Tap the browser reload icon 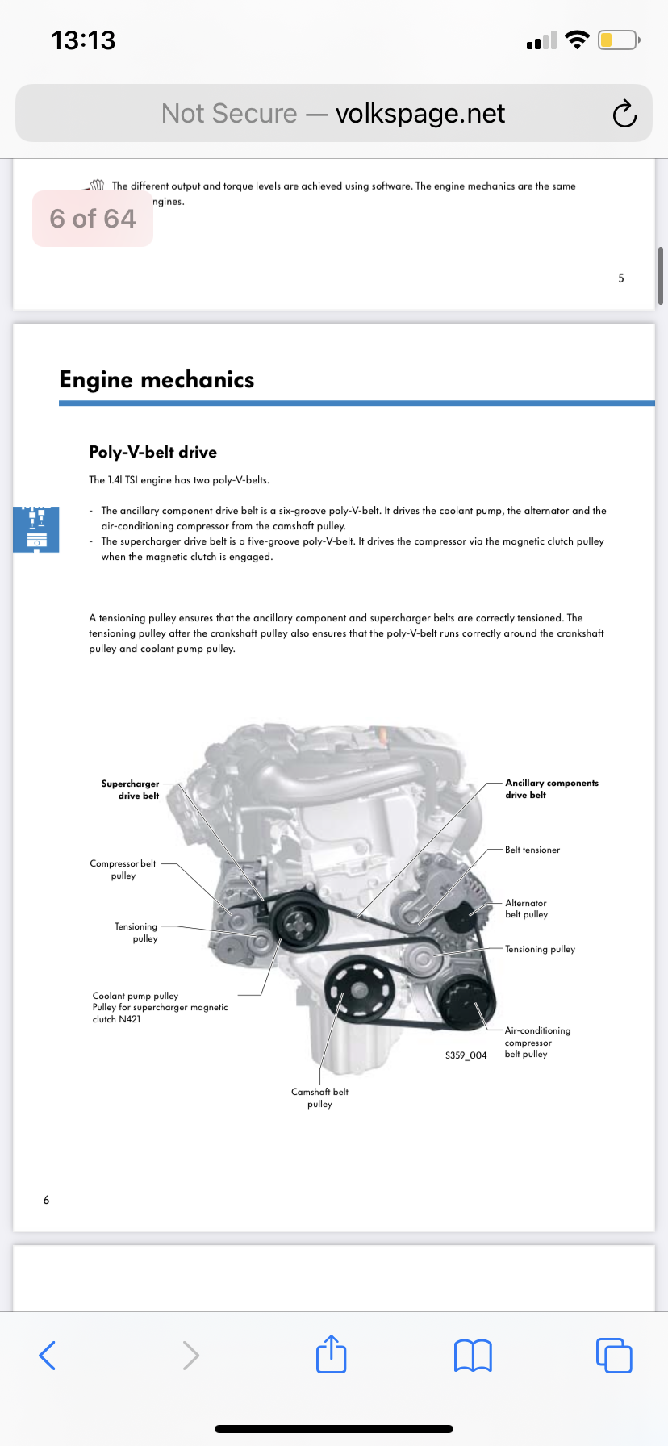coord(624,114)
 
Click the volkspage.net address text coord(420,114)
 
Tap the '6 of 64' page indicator coord(93,219)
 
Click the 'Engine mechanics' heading coord(157,379)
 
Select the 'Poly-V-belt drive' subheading coord(152,452)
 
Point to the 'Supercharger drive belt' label coord(131,789)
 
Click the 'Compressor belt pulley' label coord(123,869)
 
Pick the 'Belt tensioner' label coord(532,850)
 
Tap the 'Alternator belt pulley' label coord(526,909)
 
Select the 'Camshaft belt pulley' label coord(319,1097)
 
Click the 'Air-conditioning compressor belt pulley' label coord(536,1042)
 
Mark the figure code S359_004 coord(466,1055)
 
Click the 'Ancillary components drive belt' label coord(551,788)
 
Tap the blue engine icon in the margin coord(36,529)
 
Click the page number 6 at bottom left coord(46,1200)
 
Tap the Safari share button coord(332,1355)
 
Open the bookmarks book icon coord(473,1356)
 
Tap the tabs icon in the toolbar coord(614,1356)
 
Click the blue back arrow coord(48,1356)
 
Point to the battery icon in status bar coord(618,40)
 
